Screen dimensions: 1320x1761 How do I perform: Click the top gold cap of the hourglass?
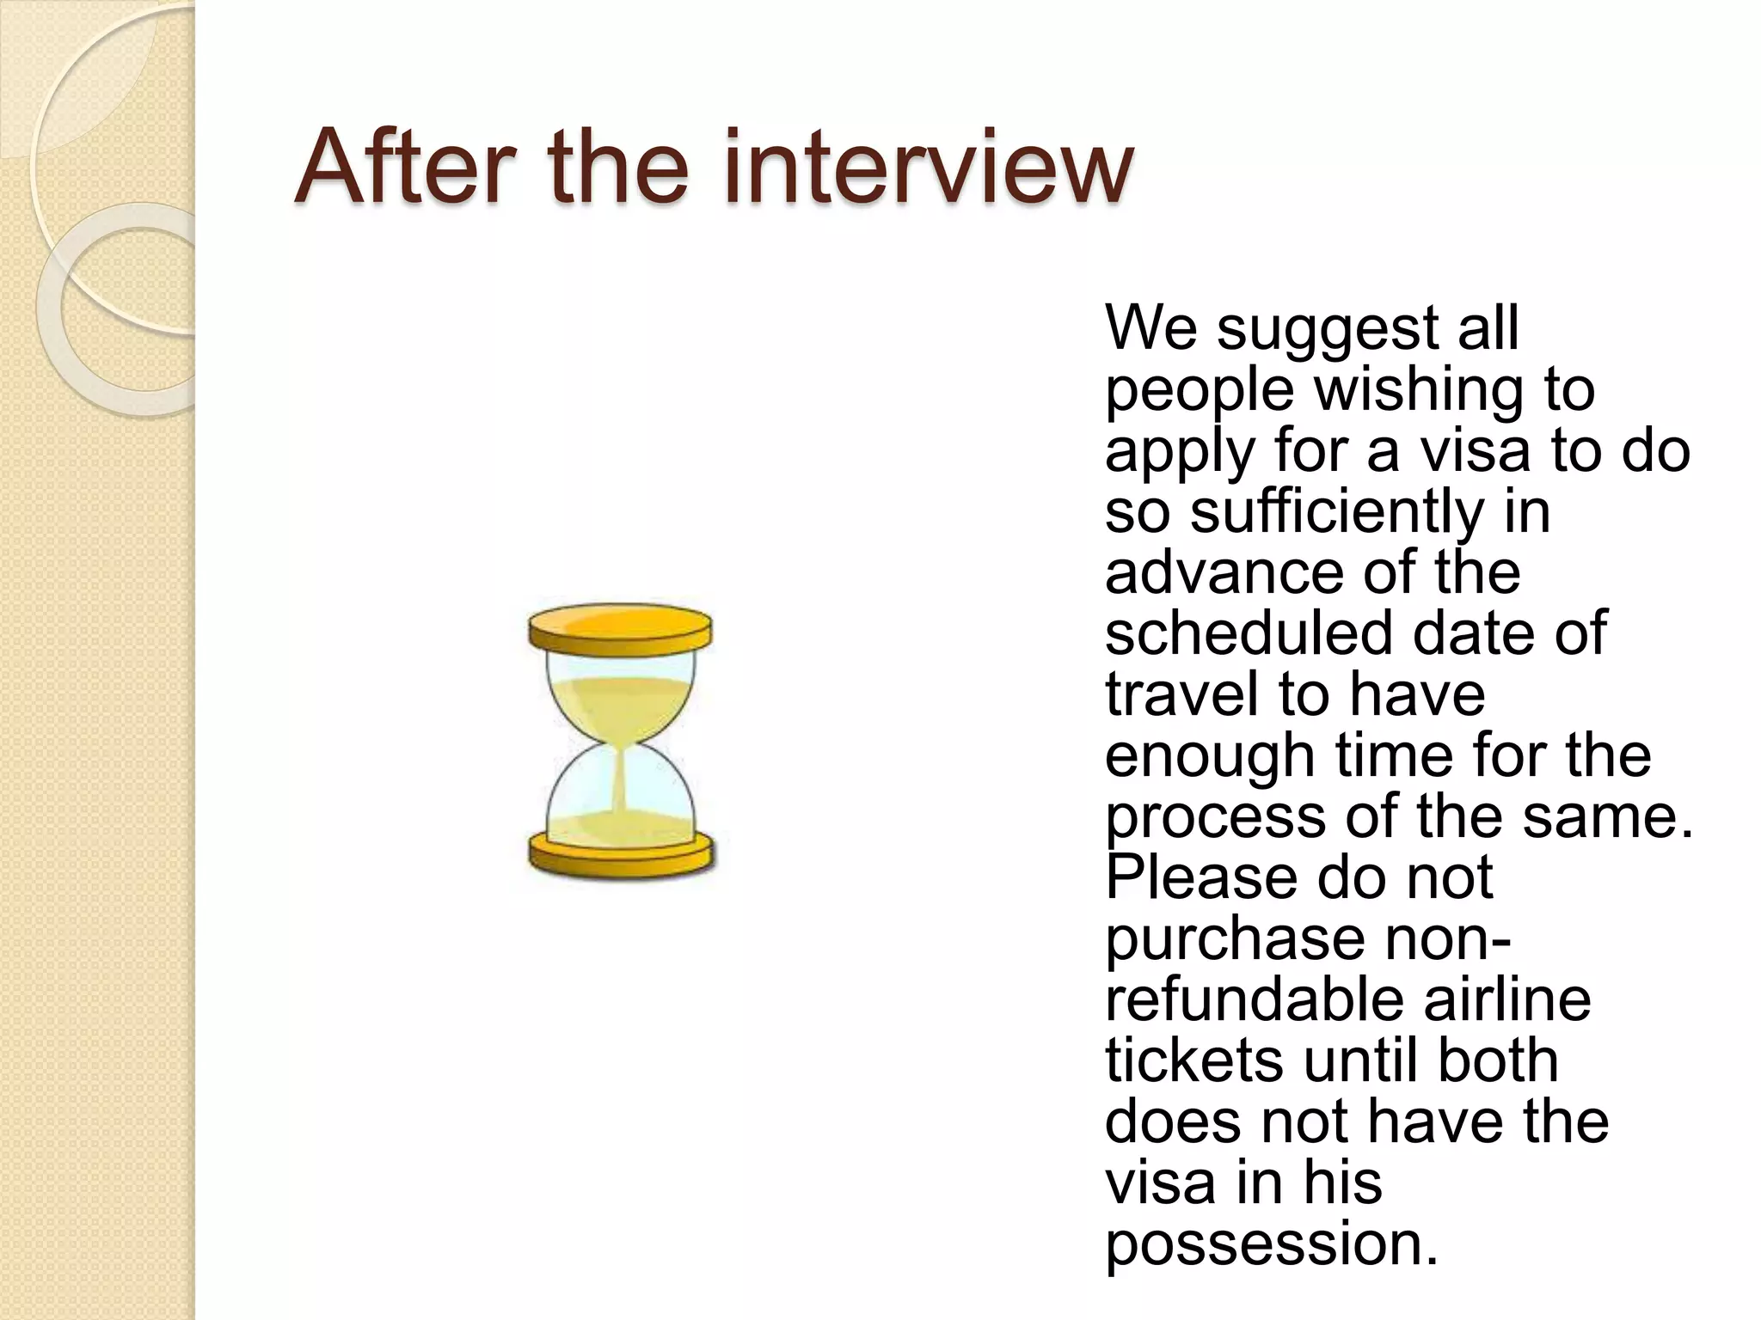click(x=620, y=630)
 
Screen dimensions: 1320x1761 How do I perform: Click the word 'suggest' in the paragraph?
click(x=1328, y=330)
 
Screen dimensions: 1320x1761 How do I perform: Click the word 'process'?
click(x=1216, y=818)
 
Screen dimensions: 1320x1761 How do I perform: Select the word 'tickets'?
click(x=1195, y=1060)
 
